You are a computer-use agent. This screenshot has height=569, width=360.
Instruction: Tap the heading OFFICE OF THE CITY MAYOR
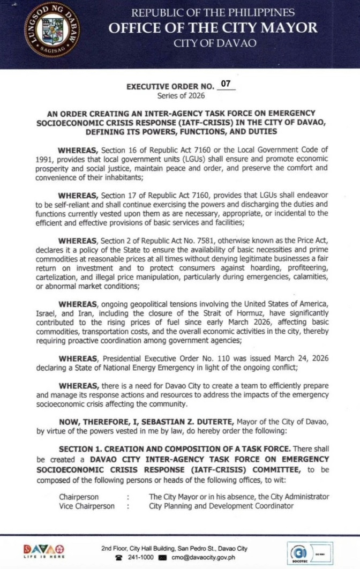(x=213, y=28)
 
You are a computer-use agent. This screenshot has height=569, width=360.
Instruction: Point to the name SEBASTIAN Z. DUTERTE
(x=163, y=415)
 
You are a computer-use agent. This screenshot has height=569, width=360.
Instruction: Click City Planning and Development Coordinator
(x=221, y=506)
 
